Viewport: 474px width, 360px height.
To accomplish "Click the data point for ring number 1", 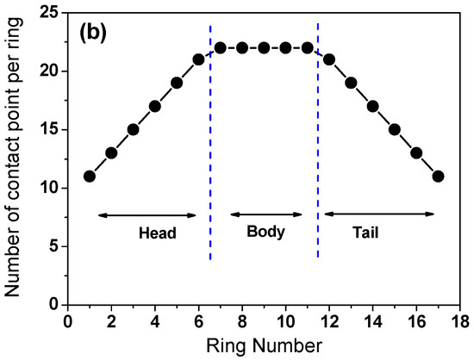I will pyautogui.click(x=90, y=176).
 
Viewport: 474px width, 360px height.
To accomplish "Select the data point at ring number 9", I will pyautogui.click(x=264, y=47).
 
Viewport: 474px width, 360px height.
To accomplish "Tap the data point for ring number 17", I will pyautogui.click(x=439, y=176).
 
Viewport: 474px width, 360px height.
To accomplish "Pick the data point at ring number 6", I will pyautogui.click(x=198, y=59).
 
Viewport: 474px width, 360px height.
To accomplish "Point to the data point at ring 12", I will pyautogui.click(x=329, y=59).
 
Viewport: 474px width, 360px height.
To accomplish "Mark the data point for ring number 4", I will pyautogui.click(x=155, y=106).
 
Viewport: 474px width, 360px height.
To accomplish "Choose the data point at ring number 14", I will pyautogui.click(x=373, y=106).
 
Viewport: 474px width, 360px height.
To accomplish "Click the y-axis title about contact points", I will pyautogui.click(x=15, y=159).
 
